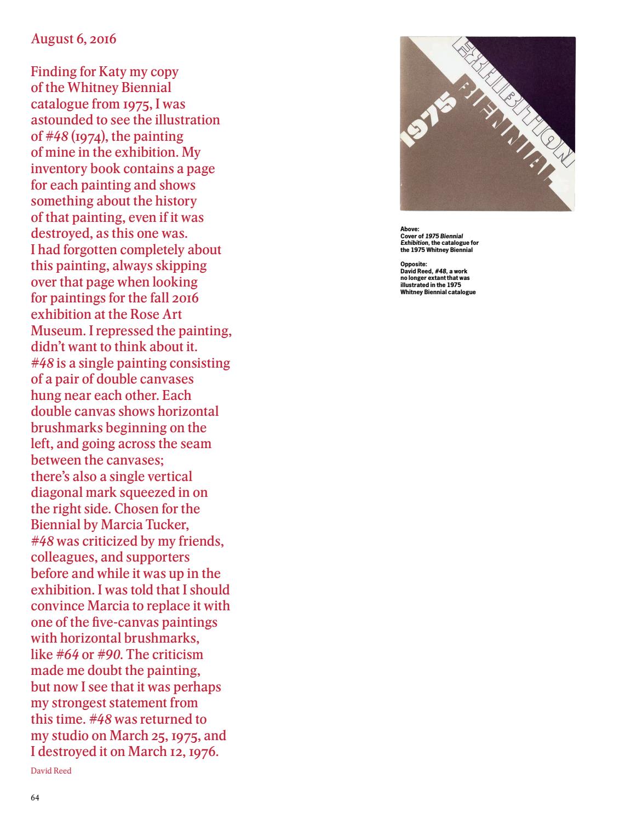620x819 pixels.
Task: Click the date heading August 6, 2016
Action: point(73,39)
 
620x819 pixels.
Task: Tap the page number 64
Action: point(35,798)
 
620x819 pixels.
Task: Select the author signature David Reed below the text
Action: point(51,771)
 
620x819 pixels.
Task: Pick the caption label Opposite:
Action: point(414,264)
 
